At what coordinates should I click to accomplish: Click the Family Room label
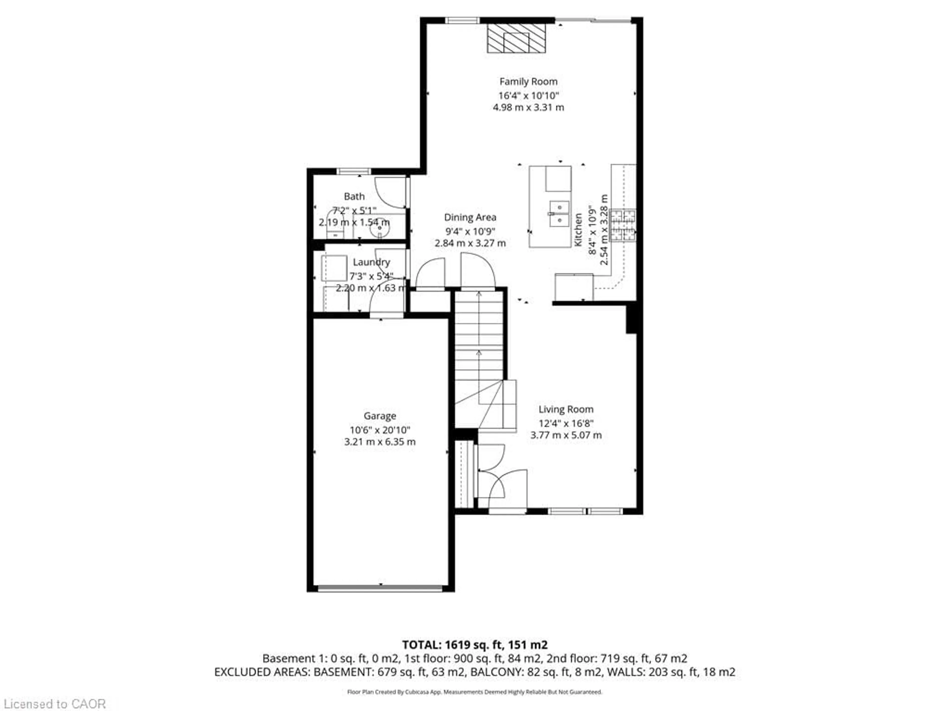point(528,81)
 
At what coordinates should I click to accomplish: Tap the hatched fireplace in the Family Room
point(516,38)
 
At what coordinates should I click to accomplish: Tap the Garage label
point(380,416)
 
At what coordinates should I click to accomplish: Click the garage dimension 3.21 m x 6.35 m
point(380,442)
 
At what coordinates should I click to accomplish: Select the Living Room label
point(566,409)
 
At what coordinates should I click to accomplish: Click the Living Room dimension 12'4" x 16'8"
point(566,423)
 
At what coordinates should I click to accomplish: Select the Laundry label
point(371,262)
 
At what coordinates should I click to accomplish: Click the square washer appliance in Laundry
point(334,268)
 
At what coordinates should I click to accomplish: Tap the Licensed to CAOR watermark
point(54,704)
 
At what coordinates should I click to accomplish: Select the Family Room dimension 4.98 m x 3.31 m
point(528,107)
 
